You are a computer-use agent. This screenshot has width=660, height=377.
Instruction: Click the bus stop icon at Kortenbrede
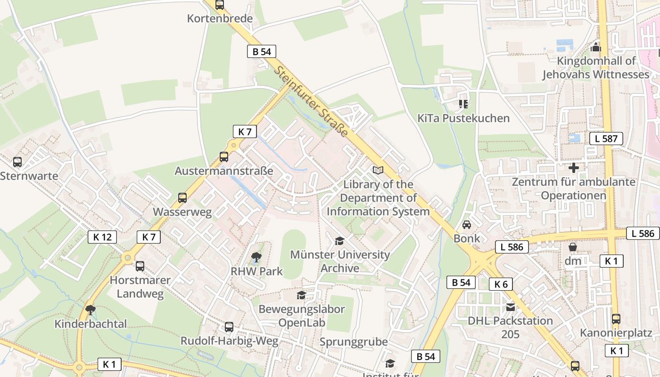point(220,5)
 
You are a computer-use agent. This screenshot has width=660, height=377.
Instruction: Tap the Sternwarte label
point(29,176)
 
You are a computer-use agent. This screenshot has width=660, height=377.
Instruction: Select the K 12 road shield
point(102,237)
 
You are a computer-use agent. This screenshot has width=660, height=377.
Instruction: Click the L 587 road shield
point(606,139)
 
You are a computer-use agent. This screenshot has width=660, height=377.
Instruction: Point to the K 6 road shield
point(501,284)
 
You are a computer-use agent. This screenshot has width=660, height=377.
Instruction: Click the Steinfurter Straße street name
point(312,101)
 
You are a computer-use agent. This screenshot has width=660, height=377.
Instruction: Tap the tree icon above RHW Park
point(256,257)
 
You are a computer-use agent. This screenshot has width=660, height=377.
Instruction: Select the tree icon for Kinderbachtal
point(91,310)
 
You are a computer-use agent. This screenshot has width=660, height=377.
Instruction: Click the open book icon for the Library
point(378,170)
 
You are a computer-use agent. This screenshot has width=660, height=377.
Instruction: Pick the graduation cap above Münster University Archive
point(339,241)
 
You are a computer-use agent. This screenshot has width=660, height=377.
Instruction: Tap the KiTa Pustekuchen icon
point(463,104)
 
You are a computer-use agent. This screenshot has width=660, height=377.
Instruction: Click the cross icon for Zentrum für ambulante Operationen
point(574,168)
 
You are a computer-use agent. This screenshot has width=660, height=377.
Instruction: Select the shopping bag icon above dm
point(573,247)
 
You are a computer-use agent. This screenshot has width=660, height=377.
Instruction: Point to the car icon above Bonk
point(467,224)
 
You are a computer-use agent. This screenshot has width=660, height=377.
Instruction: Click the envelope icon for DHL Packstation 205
point(510,307)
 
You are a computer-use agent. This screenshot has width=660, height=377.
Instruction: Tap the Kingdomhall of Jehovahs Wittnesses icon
point(596,47)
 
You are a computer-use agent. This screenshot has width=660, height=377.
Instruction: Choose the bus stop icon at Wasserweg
point(182,198)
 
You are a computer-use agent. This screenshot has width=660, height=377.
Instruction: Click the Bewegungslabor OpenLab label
point(301,316)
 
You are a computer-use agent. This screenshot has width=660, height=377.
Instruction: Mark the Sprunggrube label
point(353,342)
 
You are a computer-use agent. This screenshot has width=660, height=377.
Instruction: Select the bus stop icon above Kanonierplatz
point(616,319)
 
